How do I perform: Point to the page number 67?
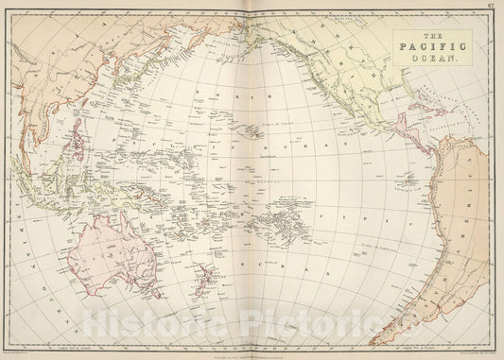(x=495, y=6)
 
